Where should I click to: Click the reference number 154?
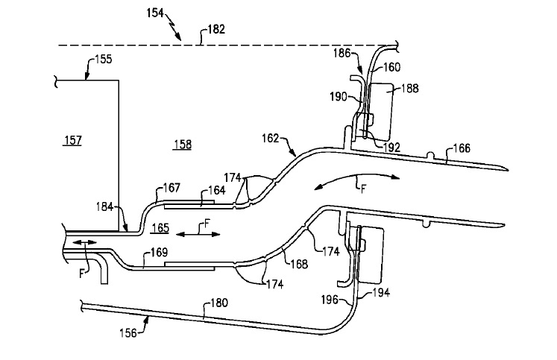click(x=155, y=13)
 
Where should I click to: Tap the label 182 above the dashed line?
click(x=216, y=29)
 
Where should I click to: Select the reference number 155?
click(x=104, y=59)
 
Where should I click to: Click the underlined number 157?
click(x=73, y=141)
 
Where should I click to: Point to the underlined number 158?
click(x=183, y=145)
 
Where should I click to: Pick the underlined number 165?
click(x=160, y=228)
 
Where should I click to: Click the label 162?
click(x=271, y=138)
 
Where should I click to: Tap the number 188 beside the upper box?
click(x=410, y=88)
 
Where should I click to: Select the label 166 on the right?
click(x=462, y=148)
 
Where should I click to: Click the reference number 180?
click(x=219, y=303)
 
